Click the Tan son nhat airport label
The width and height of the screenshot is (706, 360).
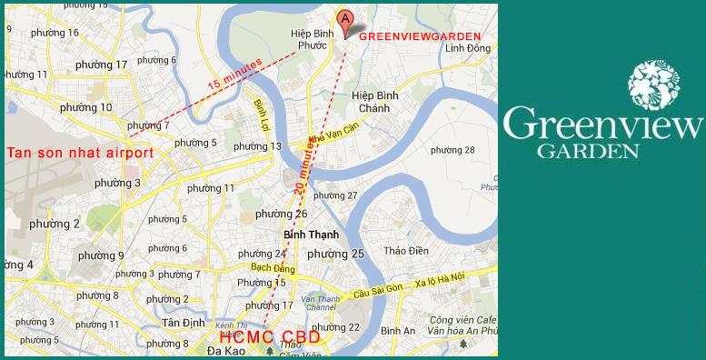[x=79, y=153]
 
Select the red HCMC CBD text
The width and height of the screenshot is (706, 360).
[x=269, y=337]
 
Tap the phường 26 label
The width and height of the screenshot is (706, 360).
[x=281, y=214]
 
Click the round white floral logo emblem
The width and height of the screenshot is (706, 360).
[x=654, y=85]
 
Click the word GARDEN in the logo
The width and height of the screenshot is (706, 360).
[x=602, y=151]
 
